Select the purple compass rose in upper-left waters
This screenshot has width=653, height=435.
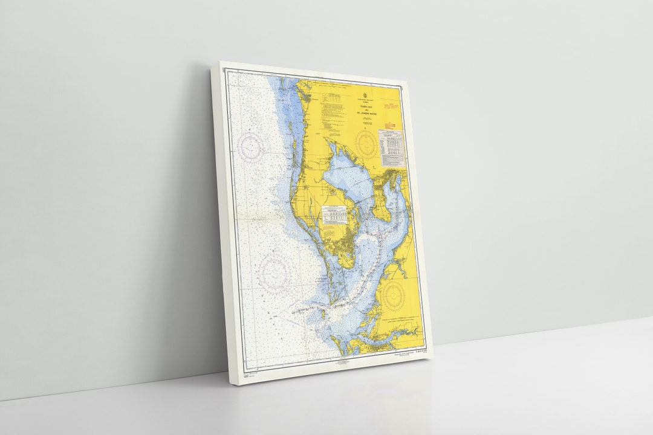click(x=250, y=144)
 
